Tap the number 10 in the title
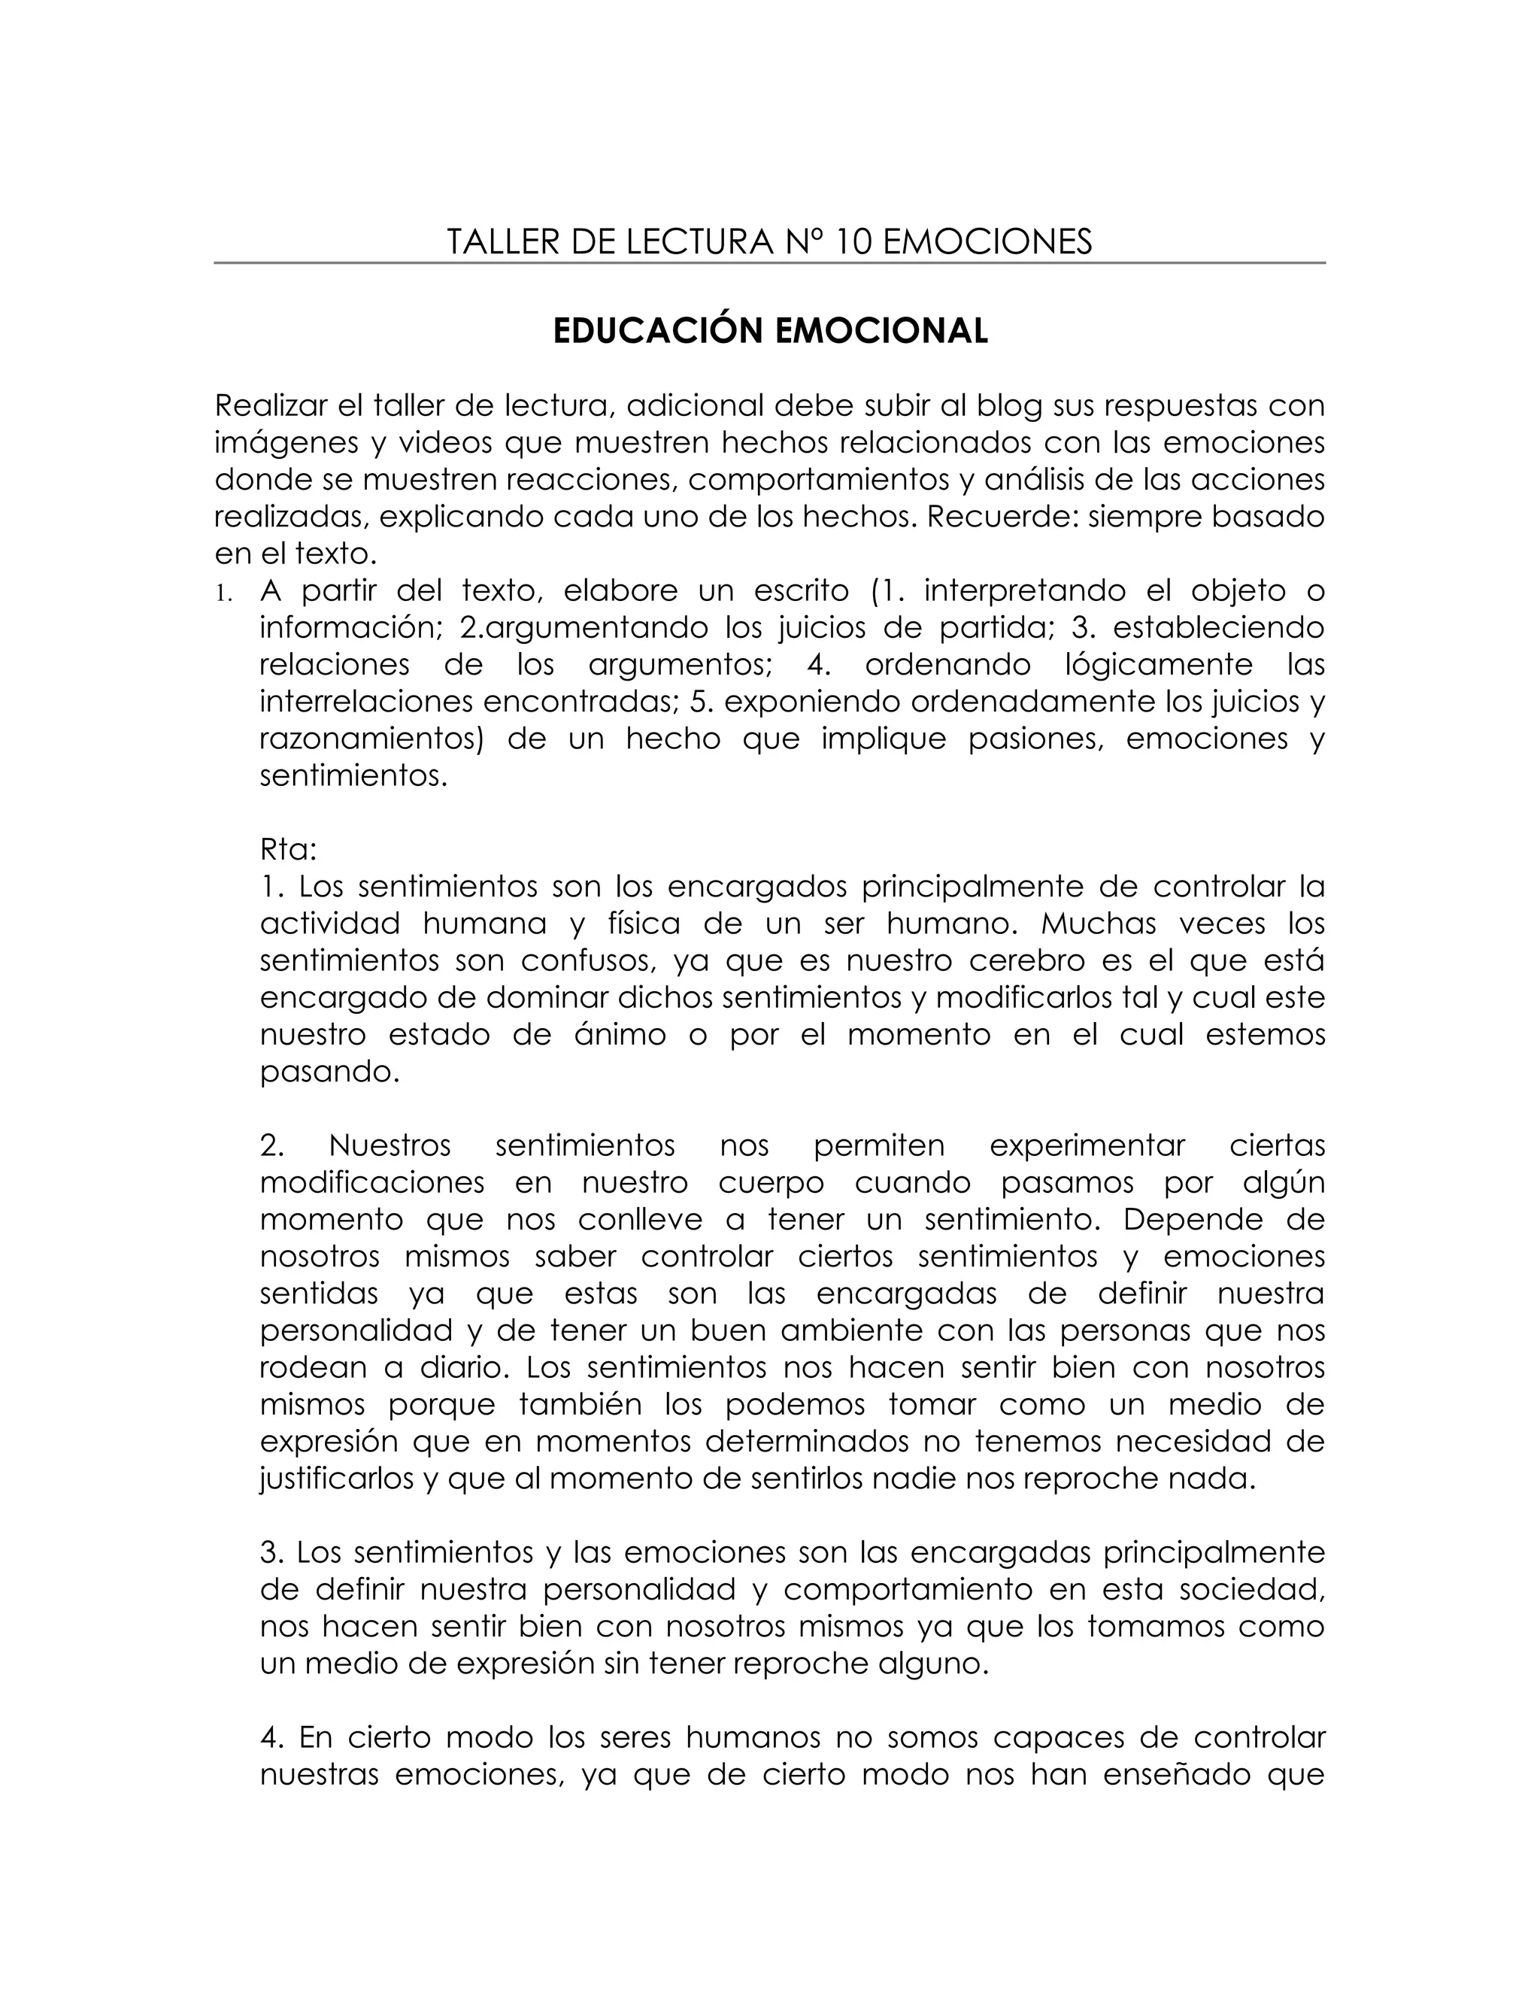pos(853,242)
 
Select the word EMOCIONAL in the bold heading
pos(881,330)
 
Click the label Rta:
pos(288,850)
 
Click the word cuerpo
pos(771,1183)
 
